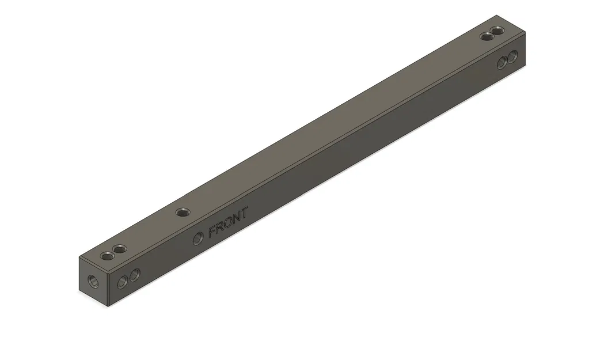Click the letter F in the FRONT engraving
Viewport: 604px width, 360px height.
[x=213, y=232]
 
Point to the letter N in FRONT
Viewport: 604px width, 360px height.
[x=237, y=218]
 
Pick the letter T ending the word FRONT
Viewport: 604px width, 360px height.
[x=244, y=213]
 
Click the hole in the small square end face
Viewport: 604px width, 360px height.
[x=91, y=282]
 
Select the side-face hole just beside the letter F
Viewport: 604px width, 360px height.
[x=198, y=237]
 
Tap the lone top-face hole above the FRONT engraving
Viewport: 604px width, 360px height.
[x=183, y=212]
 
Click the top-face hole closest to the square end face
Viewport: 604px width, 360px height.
[x=107, y=255]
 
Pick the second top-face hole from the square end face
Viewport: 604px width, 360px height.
[x=120, y=249]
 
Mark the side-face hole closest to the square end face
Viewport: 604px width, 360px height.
[x=122, y=282]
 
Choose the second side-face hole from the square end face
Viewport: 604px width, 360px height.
[x=134, y=275]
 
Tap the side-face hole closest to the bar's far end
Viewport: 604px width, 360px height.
[x=512, y=55]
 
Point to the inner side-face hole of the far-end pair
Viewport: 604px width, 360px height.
[x=502, y=62]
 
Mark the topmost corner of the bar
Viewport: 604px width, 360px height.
[x=496, y=16]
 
